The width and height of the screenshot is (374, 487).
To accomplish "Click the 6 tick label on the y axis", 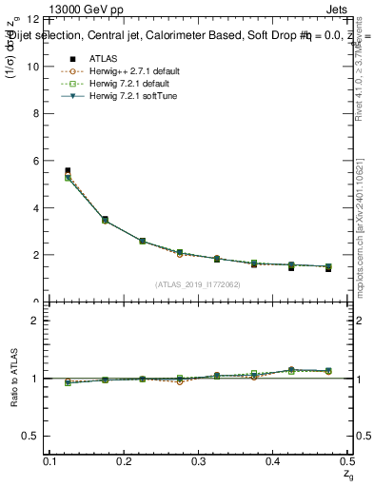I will point(37,161).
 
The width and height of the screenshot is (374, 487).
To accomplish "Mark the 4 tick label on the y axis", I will point(37,208).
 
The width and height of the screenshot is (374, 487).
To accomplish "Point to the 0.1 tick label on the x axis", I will point(53,461).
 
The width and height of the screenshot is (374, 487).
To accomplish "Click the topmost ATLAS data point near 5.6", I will point(68,171).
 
